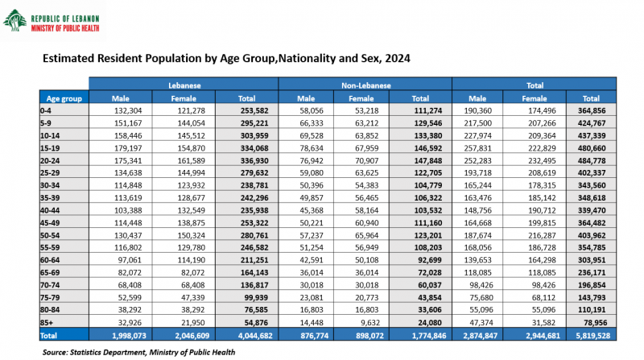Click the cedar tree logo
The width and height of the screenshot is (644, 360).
[x=14, y=21]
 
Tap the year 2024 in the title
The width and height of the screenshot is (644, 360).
[x=398, y=58]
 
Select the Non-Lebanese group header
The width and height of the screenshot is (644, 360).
[x=365, y=85]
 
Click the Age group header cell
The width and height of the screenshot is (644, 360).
[x=64, y=98]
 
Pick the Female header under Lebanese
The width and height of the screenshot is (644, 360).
[x=184, y=98]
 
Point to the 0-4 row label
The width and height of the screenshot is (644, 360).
[x=46, y=110]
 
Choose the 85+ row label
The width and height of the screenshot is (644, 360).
[x=47, y=323]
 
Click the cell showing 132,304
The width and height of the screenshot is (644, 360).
[x=128, y=110]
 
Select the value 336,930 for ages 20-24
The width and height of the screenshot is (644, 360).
[x=254, y=160]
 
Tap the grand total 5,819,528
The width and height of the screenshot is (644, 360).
[x=593, y=335]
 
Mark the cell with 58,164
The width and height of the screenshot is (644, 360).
[x=367, y=210]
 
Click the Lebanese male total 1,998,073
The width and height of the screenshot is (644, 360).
[x=129, y=335]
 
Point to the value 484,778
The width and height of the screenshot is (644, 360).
[x=592, y=160]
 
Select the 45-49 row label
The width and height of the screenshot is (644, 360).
[x=50, y=223]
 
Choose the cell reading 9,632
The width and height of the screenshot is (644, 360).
[x=370, y=323]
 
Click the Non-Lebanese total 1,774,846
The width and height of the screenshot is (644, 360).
[x=429, y=335]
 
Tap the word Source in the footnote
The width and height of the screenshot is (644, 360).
[x=55, y=352]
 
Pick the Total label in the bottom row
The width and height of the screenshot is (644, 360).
[x=48, y=335]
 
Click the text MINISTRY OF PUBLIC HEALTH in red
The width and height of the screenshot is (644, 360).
[x=65, y=28]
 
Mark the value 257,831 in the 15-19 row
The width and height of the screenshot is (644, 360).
[x=477, y=148]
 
